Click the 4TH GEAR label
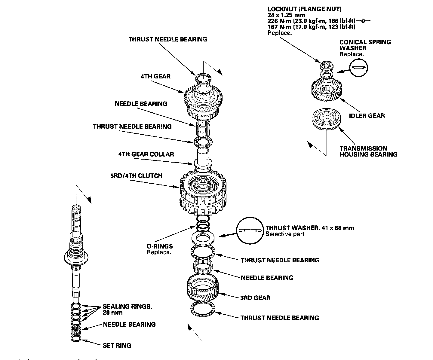(155, 76)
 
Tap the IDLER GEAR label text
(367, 116)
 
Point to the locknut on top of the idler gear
(325, 65)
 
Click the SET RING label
(117, 346)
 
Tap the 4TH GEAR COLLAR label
(146, 154)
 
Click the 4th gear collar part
(203, 157)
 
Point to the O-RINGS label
(159, 246)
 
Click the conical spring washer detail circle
(359, 67)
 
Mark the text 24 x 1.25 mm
(287, 15)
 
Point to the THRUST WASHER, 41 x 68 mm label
(310, 228)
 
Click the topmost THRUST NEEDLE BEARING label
(168, 39)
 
